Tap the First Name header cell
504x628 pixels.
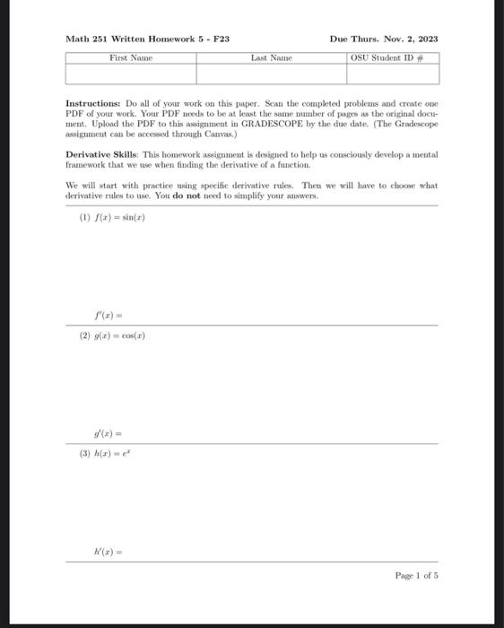point(131,57)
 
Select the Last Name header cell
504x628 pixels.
point(271,57)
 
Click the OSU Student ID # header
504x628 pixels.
point(393,57)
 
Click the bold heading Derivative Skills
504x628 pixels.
point(101,155)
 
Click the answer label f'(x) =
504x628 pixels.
point(108,316)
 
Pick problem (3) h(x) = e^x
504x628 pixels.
point(107,454)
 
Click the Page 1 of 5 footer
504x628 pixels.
point(416,575)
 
